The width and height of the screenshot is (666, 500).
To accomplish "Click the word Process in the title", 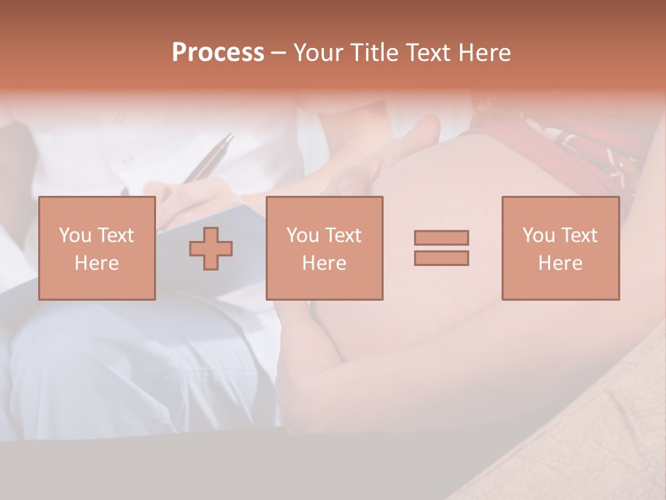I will [x=218, y=53].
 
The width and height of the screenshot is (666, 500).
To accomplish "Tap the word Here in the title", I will [x=484, y=53].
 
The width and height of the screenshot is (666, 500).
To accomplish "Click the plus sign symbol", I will [x=211, y=248].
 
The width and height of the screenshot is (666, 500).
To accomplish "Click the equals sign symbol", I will [x=441, y=248].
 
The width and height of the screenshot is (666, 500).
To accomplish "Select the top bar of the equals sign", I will [x=441, y=238].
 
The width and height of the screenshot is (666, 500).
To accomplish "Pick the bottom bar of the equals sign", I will [x=441, y=258].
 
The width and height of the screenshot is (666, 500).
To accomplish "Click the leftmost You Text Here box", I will [x=97, y=248].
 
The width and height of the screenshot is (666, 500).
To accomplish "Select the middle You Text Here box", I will [x=324, y=248].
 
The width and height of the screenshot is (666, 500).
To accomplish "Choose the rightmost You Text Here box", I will [x=560, y=248].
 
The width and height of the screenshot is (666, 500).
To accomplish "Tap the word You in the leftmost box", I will [x=74, y=235].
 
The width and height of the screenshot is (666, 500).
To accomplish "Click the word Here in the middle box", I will [x=324, y=263].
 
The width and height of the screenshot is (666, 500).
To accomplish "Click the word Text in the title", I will [x=427, y=53].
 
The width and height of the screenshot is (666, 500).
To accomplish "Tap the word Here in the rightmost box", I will [x=560, y=263].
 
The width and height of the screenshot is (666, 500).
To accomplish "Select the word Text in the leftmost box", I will [x=114, y=235].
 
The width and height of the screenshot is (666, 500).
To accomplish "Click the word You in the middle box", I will [x=302, y=235].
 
